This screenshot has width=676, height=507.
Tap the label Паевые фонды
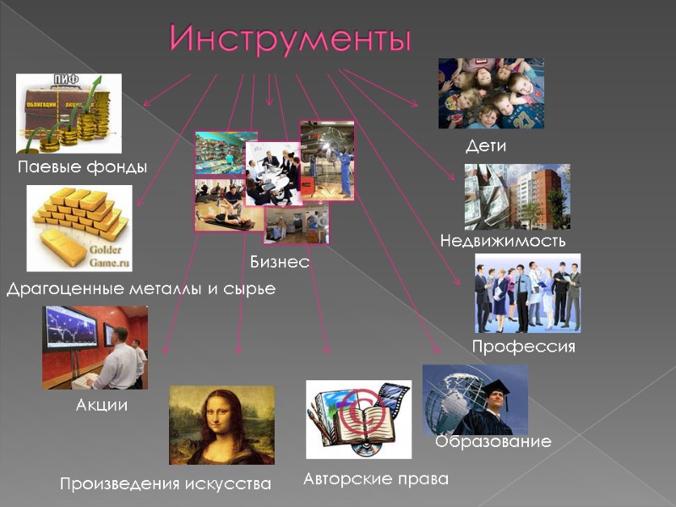[83, 167]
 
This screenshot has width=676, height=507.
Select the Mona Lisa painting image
[221, 425]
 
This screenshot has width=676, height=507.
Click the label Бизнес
[280, 263]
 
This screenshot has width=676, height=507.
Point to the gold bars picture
[78, 226]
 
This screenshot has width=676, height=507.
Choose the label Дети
[486, 145]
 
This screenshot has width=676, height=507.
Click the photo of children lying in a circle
[490, 93]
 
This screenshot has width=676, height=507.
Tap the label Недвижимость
[503, 242]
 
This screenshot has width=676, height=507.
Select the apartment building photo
[516, 196]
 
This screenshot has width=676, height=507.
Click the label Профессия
[523, 347]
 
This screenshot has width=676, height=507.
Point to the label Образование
[493, 442]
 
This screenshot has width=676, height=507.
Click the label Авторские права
[376, 479]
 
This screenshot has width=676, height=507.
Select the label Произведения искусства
[166, 484]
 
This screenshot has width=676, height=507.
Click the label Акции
[101, 405]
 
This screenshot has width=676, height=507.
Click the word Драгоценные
[63, 289]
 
